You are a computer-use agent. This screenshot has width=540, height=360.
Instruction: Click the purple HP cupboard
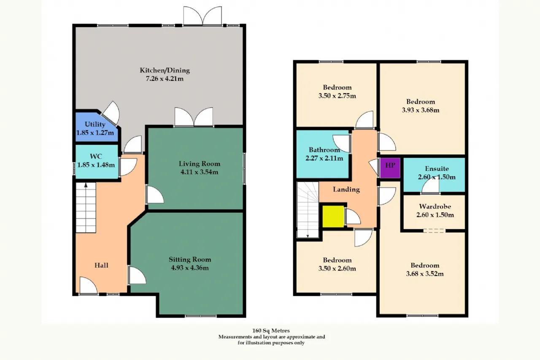[x=390, y=168]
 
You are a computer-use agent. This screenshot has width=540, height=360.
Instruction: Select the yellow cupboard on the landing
[x=333, y=216]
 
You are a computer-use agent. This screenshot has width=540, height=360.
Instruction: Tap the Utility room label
[x=95, y=125]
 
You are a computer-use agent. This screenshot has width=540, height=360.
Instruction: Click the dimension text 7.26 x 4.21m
[x=165, y=78]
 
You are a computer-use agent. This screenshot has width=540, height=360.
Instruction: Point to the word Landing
[x=346, y=189]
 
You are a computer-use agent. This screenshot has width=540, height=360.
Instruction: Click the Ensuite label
[x=437, y=168]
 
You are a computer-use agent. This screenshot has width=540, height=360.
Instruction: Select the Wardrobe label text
[x=435, y=206]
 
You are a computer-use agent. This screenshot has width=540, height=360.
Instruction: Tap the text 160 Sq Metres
[x=271, y=330]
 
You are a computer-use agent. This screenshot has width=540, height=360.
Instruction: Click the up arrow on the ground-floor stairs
[x=86, y=185]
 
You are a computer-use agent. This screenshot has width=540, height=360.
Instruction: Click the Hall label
[x=101, y=265]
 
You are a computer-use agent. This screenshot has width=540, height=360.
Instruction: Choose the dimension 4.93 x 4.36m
[x=190, y=268]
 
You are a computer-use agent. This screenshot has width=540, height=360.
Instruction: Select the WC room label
[x=96, y=156]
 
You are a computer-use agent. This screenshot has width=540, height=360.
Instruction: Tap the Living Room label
[x=200, y=164]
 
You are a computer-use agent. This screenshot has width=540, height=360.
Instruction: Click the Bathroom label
[x=324, y=150]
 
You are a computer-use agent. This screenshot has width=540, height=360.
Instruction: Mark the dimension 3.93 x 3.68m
[x=421, y=110]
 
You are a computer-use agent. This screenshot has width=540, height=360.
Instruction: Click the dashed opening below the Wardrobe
[x=434, y=231]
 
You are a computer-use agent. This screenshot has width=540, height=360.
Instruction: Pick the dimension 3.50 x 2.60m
[x=337, y=268]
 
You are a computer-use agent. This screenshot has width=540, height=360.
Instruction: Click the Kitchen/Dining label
[x=165, y=70]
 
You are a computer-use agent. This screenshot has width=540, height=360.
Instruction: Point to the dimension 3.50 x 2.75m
[x=337, y=96]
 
